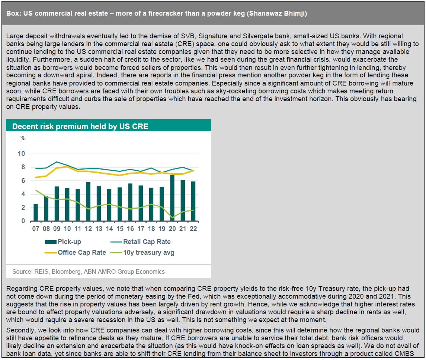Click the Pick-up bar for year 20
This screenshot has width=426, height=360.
point(172,198)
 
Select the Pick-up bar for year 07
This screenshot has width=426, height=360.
point(36,212)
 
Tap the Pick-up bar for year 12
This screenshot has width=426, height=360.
point(88,202)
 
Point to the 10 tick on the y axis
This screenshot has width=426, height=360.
point(22,154)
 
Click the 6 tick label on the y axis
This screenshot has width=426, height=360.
point(23,180)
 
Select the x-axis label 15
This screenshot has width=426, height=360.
point(120,229)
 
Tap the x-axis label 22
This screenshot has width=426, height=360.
point(193,229)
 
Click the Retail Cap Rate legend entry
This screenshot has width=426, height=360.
point(141,242)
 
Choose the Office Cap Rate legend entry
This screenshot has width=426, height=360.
point(75,253)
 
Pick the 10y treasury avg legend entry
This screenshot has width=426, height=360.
point(142,253)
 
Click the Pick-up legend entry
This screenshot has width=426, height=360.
point(63,242)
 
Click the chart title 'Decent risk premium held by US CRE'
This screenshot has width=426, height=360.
point(80,126)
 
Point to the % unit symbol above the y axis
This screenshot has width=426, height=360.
point(23,138)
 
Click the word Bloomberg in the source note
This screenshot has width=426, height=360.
point(66,271)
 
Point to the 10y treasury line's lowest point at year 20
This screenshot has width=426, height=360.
point(172,218)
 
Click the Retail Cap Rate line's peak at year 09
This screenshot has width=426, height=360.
point(57,162)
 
